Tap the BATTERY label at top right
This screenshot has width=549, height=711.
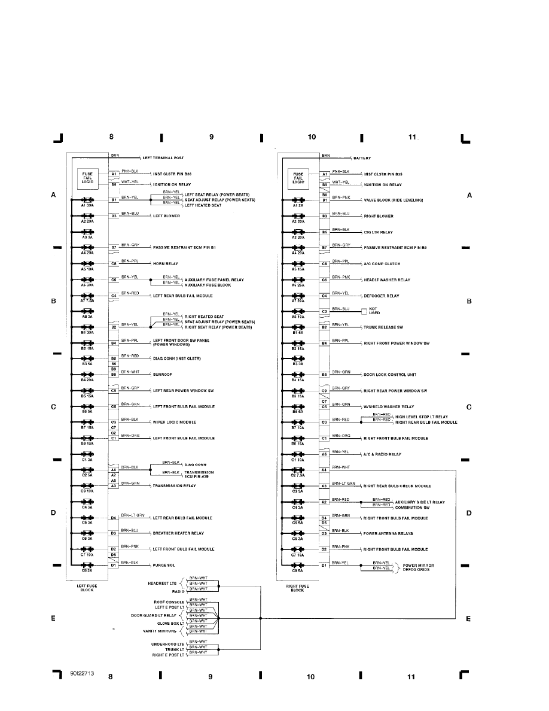(x=362, y=159)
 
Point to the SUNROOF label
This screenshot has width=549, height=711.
(x=163, y=375)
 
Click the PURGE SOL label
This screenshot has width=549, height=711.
(x=164, y=565)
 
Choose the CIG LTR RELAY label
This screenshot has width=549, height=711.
(x=379, y=232)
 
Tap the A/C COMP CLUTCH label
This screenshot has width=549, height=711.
(x=382, y=264)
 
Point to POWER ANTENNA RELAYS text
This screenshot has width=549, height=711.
(x=388, y=533)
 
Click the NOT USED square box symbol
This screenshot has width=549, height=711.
(x=364, y=311)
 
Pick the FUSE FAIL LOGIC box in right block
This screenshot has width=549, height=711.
(x=300, y=177)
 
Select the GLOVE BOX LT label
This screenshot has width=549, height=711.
(x=169, y=623)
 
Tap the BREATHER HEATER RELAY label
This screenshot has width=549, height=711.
(x=178, y=533)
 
